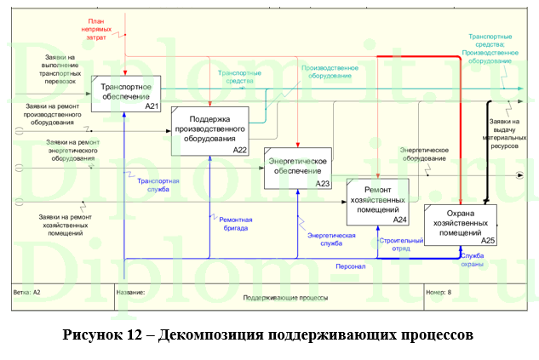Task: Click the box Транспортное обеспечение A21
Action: (126, 93)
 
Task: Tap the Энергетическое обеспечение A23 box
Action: (296, 166)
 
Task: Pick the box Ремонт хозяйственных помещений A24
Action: (378, 202)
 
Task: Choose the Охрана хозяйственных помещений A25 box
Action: (460, 223)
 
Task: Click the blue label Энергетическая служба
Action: (330, 238)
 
